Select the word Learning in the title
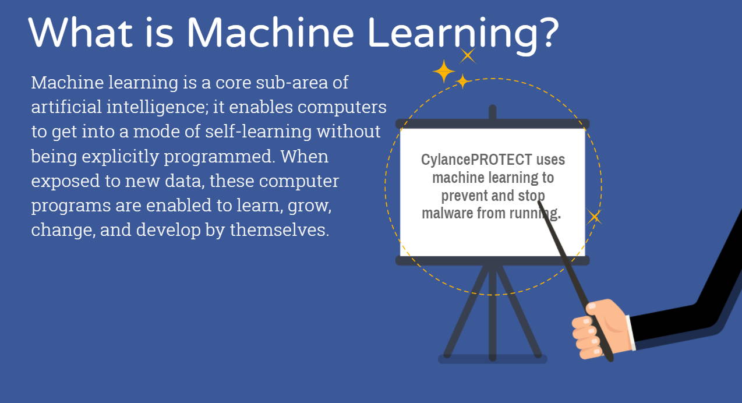coord(451,36)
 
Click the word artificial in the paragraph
coord(66,107)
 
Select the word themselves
coord(280,229)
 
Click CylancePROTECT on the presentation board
coord(476,160)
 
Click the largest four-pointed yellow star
coord(444,71)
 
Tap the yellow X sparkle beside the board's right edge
coord(594,217)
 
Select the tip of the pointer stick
coord(539,201)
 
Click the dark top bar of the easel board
coord(493,123)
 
